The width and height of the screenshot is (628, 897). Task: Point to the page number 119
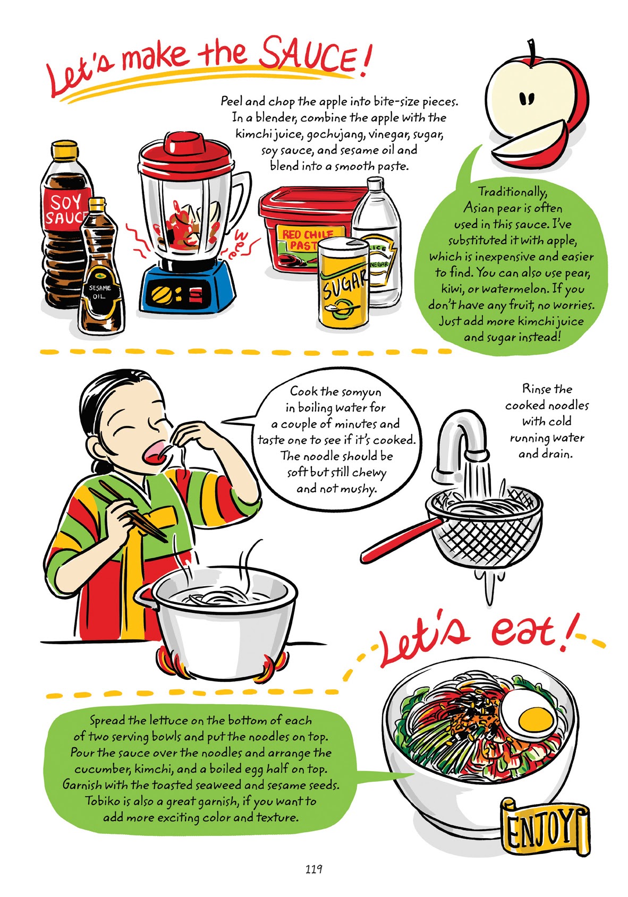coord(313,869)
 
